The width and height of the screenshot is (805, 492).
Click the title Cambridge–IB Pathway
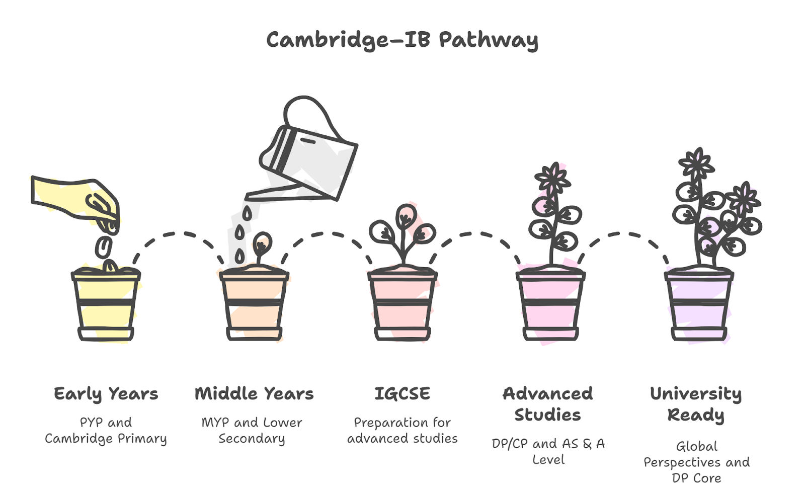[402, 40]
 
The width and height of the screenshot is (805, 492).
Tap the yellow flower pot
[106, 305]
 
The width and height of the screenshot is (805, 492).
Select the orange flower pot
[254, 305]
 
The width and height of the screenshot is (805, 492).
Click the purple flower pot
[699, 305]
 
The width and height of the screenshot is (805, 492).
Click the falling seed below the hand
[104, 247]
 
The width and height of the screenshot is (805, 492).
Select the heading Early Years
[106, 394]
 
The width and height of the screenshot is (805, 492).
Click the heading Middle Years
[254, 394]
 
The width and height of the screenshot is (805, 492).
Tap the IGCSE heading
[402, 393]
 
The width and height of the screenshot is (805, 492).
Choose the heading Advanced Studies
[548, 404]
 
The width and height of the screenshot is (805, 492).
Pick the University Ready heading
[696, 405]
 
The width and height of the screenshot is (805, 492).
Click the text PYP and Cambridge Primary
[106, 431]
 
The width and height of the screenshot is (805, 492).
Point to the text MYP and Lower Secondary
[252, 431]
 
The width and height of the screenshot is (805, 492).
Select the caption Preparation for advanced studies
[402, 431]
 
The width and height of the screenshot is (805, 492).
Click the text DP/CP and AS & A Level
[548, 451]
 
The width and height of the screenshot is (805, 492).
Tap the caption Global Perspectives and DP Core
[696, 462]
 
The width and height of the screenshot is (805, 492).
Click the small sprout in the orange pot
[261, 249]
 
